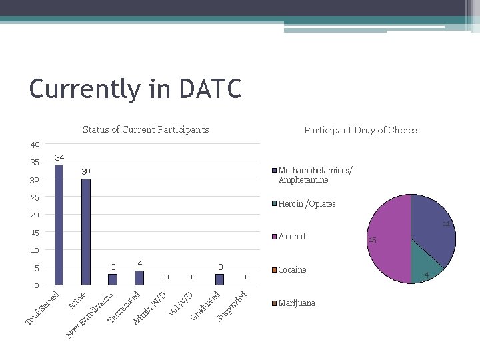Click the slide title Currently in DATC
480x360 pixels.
[x=135, y=89]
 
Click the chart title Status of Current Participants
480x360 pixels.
[x=145, y=129]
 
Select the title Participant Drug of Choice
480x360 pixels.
[x=360, y=130]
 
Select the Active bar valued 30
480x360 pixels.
[x=85, y=231]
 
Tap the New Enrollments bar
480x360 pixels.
[x=113, y=279]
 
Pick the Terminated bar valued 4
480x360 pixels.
[x=139, y=277]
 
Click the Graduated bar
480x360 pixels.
[x=219, y=279]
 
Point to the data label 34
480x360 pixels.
[x=59, y=158]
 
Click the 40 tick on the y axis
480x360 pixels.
[x=35, y=145]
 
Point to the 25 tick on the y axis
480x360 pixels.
[x=35, y=197]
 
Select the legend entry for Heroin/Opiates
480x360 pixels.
[x=306, y=204]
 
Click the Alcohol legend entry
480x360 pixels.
[x=291, y=237]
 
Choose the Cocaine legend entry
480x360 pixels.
[x=292, y=270]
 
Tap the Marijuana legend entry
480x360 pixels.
[x=296, y=303]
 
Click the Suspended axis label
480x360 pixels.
[x=233, y=305]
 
